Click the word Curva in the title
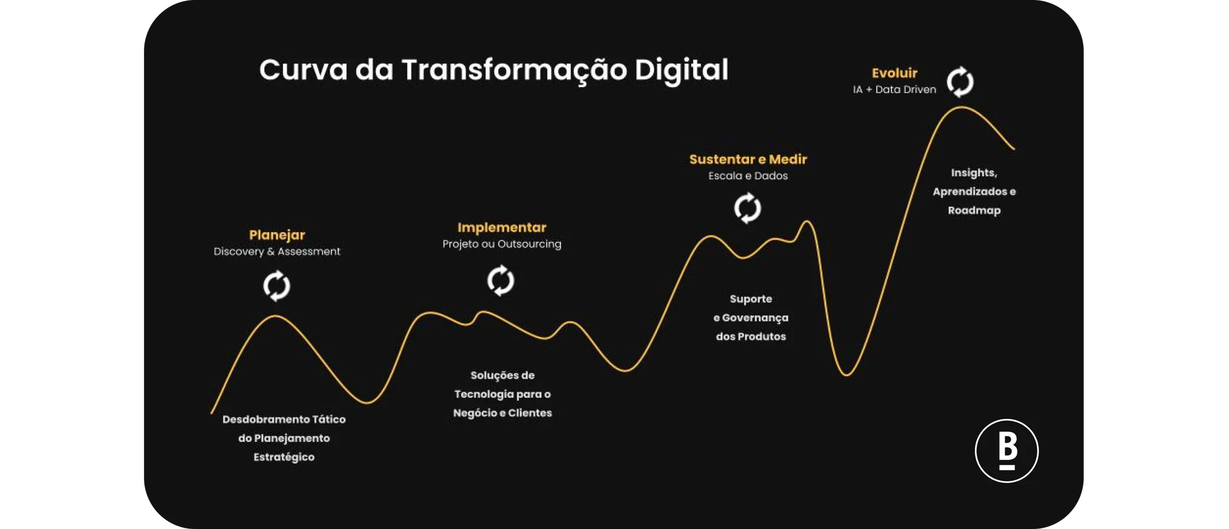(303, 70)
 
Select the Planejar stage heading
(277, 235)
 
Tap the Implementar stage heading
(501, 228)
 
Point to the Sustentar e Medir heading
(748, 159)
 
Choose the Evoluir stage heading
(894, 73)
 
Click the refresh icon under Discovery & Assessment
(277, 286)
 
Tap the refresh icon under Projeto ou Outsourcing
(501, 280)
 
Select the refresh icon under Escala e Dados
(748, 208)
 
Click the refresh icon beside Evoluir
(960, 82)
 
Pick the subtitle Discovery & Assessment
(277, 251)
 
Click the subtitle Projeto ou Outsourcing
(501, 244)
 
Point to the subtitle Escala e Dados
(748, 176)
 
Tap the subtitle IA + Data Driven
(894, 90)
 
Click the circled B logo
(1006, 451)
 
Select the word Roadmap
(974, 211)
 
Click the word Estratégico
(284, 457)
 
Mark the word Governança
(755, 318)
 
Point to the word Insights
(973, 173)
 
